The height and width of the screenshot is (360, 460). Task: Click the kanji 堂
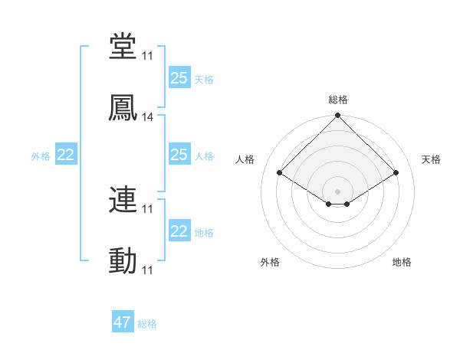[x=123, y=45]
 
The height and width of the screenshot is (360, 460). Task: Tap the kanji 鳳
[x=123, y=108]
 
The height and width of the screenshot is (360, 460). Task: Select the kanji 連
[x=123, y=200]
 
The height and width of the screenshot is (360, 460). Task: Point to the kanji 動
[x=123, y=262]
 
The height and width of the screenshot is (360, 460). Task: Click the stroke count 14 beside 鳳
[x=148, y=117]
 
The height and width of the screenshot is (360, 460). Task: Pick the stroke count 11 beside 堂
[x=148, y=55]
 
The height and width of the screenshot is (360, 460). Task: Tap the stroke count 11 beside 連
[x=148, y=208]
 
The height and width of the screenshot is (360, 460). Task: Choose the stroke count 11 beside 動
[x=148, y=270]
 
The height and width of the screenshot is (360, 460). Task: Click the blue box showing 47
[x=123, y=322]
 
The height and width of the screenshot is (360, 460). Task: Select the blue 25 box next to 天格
[x=179, y=78]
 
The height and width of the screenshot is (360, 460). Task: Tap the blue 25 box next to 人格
[x=179, y=155]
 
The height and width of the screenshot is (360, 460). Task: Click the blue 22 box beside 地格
[x=179, y=231]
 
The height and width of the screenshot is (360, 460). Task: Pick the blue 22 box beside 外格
[x=66, y=155]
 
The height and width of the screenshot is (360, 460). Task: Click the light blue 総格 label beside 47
[x=147, y=324]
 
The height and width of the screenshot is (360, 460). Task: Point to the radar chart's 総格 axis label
[x=338, y=100]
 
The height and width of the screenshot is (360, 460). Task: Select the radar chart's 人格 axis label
[x=245, y=159]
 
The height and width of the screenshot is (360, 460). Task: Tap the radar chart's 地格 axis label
[x=402, y=262]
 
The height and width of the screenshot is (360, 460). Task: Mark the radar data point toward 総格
[x=338, y=116]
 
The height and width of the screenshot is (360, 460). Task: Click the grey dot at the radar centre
[x=338, y=191]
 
